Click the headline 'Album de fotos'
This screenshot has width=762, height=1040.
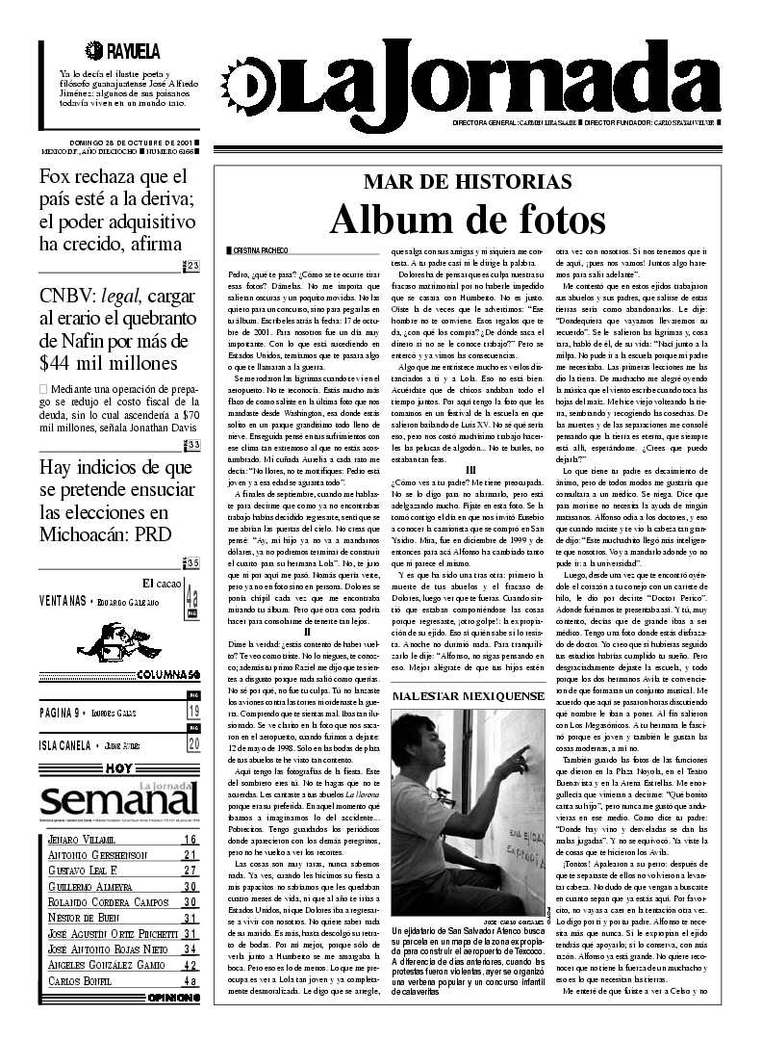(468, 221)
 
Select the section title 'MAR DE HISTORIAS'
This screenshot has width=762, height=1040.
(468, 182)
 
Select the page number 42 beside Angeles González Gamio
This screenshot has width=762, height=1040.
(190, 966)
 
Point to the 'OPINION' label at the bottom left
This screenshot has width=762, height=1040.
(173, 998)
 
